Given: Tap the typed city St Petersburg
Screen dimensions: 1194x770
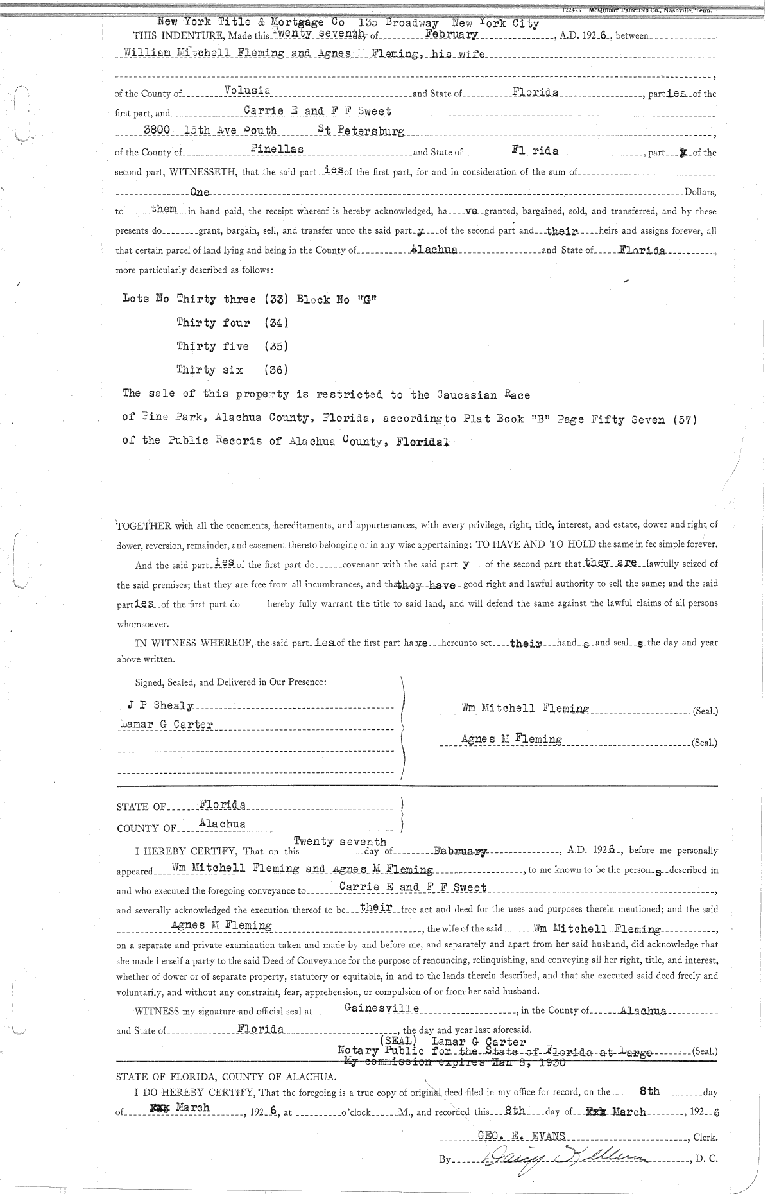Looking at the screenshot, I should pyautogui.click(x=361, y=130).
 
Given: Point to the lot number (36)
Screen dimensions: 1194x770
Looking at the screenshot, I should pyautogui.click(x=276, y=370).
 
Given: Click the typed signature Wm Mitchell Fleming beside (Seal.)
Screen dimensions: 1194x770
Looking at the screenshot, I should pyautogui.click(x=525, y=709).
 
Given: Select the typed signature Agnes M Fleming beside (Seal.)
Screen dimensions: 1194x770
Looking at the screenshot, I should pyautogui.click(x=511, y=740).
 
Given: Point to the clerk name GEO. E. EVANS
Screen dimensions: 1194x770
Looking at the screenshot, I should pyautogui.click(x=522, y=1136).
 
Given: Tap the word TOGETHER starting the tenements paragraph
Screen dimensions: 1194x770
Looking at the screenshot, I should pyautogui.click(x=144, y=526).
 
